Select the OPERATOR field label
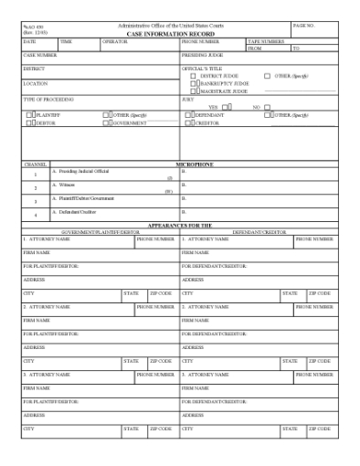click(114, 41)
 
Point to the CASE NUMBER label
click(40, 55)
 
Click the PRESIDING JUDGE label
click(202, 55)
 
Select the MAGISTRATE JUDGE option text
click(223, 90)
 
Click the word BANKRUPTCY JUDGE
click(223, 83)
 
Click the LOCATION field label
click(36, 82)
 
